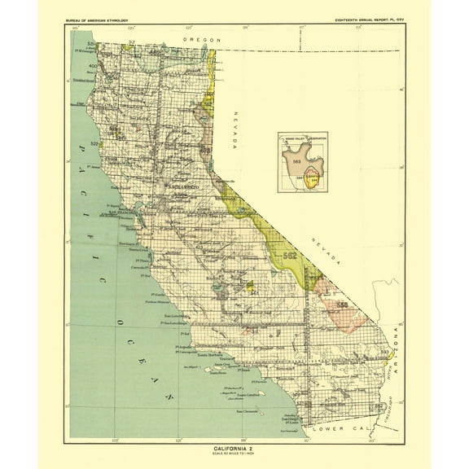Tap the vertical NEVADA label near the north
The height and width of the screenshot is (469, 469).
pos(234,129)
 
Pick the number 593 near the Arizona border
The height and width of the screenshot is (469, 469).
pos(384,352)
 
